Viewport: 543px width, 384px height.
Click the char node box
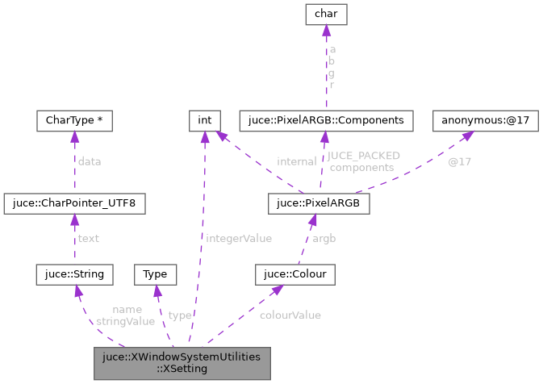point(325,15)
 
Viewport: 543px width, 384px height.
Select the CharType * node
point(74,121)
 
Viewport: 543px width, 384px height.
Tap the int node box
point(205,121)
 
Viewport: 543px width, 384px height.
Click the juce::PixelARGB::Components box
point(327,121)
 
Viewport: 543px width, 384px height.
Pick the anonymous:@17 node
point(486,121)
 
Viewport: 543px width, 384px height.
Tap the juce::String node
point(74,274)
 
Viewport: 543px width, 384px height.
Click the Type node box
point(154,274)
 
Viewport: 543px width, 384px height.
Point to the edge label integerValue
point(239,239)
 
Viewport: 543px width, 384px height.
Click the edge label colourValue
point(290,315)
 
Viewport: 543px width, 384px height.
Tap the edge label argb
point(324,239)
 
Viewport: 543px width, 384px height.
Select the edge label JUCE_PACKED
point(363,156)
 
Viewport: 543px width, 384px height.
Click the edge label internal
point(296,161)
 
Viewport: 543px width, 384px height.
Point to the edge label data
point(89,161)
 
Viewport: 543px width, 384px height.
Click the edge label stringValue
point(125,321)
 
